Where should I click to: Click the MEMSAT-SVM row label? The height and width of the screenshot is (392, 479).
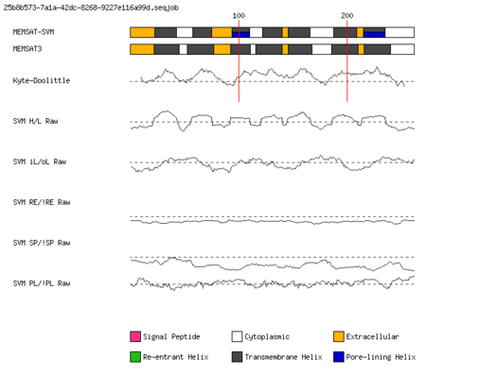coord(33,32)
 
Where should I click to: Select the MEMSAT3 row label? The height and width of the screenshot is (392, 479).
coord(27,49)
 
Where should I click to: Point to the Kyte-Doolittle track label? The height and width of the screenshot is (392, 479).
coord(42,80)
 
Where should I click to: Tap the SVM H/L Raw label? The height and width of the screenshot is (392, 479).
coord(35,121)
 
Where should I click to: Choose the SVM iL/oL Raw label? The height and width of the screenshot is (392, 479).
coord(40,162)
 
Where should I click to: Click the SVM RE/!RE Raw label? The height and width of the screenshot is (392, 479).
coord(42,202)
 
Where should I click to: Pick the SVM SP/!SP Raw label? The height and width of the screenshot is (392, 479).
coord(42,243)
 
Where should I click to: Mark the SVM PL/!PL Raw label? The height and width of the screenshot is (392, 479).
coord(42,283)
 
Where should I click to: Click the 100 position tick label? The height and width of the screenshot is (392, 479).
coord(239,16)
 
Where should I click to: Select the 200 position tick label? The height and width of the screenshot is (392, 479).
coord(347,16)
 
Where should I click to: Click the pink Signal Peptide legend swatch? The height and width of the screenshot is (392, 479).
coord(135,336)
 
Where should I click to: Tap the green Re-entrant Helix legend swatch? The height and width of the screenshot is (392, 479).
coord(135,357)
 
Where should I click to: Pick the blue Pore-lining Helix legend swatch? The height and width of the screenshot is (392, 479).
coord(339,357)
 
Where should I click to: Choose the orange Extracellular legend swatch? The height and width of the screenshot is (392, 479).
coord(339,336)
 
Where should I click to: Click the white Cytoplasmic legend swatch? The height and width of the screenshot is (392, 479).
coord(237,336)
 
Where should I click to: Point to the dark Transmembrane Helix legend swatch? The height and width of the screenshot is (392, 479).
coord(237,357)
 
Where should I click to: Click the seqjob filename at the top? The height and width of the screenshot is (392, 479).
coord(91,8)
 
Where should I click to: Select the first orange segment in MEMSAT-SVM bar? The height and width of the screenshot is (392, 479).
coord(143,32)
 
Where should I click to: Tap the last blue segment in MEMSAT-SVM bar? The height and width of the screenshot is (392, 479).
coord(374,35)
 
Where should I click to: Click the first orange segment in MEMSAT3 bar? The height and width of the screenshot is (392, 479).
coord(142,49)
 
